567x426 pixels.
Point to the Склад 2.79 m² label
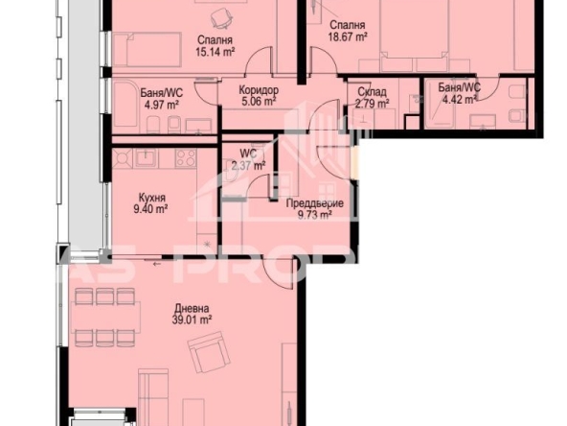point(372,98)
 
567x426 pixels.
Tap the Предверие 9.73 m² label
point(308,208)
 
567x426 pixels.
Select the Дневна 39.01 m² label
point(192,316)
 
